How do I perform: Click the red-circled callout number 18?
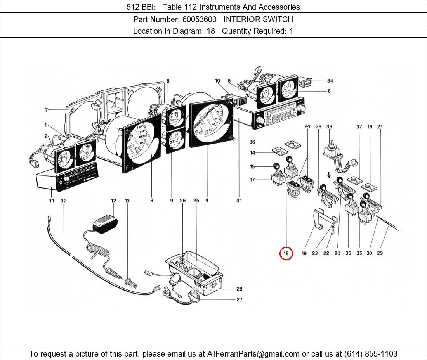(286, 254)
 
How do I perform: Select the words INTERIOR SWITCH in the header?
(258, 19)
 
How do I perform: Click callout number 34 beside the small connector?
(330, 81)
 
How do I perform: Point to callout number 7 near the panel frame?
(46, 110)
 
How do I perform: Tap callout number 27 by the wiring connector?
(240, 300)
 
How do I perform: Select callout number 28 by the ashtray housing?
(240, 289)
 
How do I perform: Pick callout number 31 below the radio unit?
(239, 201)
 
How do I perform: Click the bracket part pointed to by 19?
(321, 219)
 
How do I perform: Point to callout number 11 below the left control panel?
(52, 201)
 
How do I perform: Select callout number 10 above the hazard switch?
(217, 81)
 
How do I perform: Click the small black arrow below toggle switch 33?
(329, 175)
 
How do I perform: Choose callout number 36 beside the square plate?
(252, 142)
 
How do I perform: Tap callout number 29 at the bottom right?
(380, 253)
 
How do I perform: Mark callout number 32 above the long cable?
(64, 201)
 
